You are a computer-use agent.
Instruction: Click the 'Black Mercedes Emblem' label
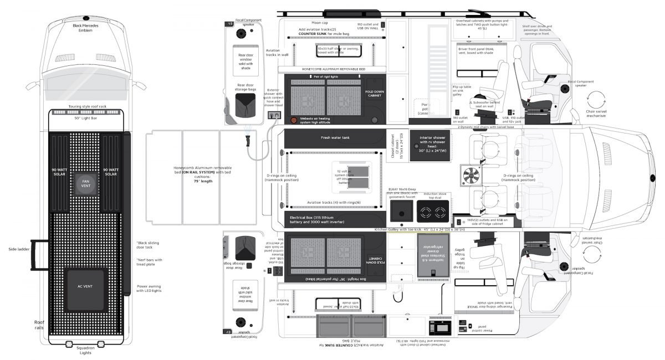click(86, 27)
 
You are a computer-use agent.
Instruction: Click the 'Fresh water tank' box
click(335, 138)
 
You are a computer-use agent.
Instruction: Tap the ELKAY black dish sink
click(401, 211)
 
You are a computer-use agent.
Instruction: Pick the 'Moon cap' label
click(320, 23)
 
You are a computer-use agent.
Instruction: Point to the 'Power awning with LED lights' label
click(149, 289)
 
